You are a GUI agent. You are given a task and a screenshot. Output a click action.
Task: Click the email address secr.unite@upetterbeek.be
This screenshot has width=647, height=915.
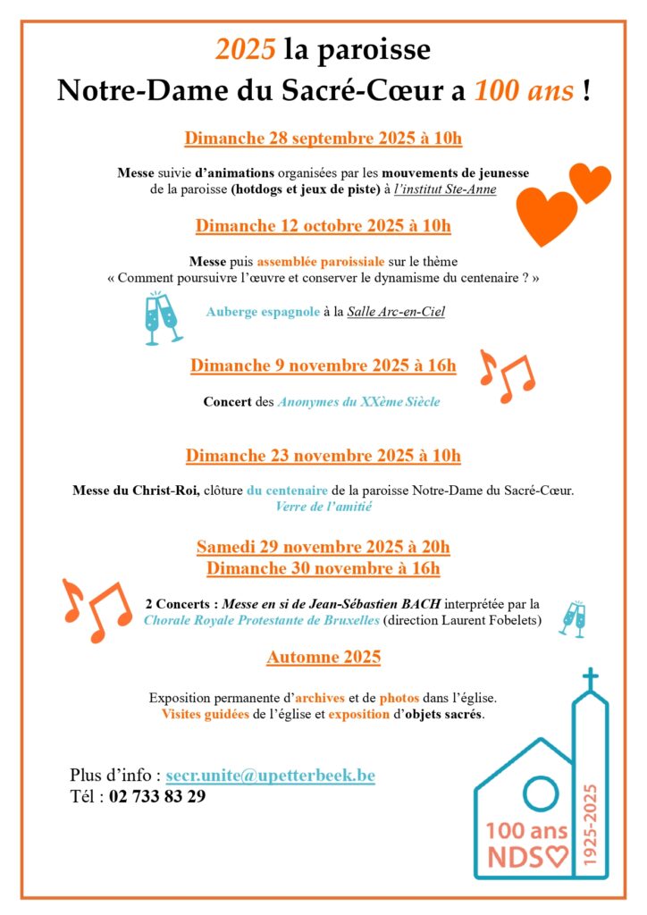click(270, 776)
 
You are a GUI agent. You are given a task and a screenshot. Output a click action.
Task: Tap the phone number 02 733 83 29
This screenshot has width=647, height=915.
click(157, 796)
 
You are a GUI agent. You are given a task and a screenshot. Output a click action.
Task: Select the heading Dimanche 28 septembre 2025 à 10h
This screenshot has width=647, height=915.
click(323, 139)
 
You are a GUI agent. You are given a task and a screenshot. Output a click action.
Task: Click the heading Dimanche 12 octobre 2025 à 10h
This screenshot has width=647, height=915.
click(323, 226)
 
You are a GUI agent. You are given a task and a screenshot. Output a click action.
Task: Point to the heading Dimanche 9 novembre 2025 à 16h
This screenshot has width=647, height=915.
click(323, 365)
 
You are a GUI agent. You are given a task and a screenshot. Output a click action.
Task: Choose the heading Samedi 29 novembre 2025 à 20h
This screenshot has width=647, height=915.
click(323, 547)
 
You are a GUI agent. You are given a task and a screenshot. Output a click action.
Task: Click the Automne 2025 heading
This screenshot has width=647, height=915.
click(323, 658)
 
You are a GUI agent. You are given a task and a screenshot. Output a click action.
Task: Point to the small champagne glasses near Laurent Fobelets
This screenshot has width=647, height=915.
click(571, 618)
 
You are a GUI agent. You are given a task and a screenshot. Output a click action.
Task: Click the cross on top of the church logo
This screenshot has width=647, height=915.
click(590, 678)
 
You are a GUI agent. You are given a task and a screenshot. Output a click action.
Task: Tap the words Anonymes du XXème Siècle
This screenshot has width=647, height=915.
click(357, 402)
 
